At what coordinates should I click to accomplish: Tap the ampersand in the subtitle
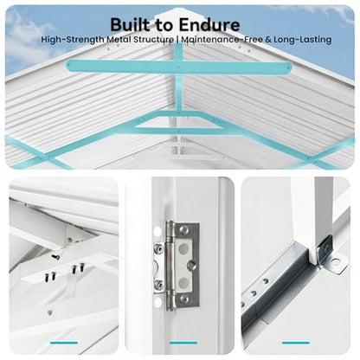[268, 39]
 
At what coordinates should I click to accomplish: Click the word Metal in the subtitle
[119, 39]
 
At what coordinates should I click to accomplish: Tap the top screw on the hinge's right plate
[183, 230]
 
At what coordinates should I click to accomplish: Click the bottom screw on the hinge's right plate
[183, 299]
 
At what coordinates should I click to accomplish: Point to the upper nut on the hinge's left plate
[158, 247]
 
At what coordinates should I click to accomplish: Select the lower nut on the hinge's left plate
[158, 285]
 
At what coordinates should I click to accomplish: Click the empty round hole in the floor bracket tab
[335, 262]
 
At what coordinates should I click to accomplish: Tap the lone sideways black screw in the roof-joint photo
[55, 256]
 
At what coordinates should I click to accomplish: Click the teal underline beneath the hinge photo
[183, 343]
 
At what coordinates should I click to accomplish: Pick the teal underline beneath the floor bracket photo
[296, 343]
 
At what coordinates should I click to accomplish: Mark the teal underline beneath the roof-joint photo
[64, 343]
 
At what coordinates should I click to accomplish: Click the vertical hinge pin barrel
[170, 266]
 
